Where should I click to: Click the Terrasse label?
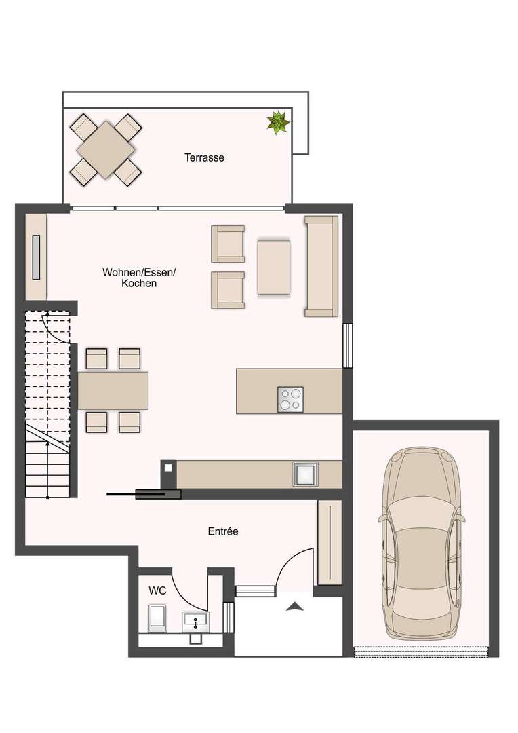point(204,157)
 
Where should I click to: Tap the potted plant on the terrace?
point(278,122)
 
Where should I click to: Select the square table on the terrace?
point(106,149)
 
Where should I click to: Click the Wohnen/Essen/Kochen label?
point(139,277)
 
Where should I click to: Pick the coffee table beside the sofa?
point(274,267)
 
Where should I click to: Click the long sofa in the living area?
point(321,266)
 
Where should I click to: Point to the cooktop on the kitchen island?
point(290,399)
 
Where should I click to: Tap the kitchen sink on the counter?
point(306,474)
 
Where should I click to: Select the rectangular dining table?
point(113,390)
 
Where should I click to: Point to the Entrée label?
point(223,531)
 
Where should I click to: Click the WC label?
point(157,591)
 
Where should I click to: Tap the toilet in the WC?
point(157,618)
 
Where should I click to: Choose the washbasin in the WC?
point(195,621)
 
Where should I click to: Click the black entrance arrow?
point(294,607)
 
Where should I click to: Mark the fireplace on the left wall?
point(36,258)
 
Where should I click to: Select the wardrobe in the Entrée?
point(330,542)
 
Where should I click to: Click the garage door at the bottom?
point(422,651)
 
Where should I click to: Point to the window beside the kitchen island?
point(348,345)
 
